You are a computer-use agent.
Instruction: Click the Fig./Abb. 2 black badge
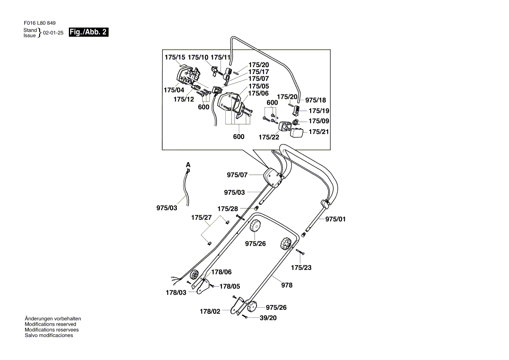click(x=89, y=32)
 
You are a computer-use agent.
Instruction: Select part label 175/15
click(x=175, y=57)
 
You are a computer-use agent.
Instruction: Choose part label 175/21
click(x=319, y=132)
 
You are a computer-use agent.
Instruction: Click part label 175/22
click(x=269, y=137)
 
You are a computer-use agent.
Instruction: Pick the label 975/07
click(x=237, y=175)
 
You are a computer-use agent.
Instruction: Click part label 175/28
click(x=228, y=209)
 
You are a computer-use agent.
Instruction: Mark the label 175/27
click(x=201, y=217)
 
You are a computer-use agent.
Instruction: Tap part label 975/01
click(x=335, y=219)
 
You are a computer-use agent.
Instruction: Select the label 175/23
click(x=302, y=267)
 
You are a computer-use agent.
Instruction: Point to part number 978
click(x=287, y=285)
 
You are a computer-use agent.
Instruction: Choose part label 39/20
click(x=268, y=318)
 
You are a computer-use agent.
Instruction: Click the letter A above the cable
click(x=188, y=165)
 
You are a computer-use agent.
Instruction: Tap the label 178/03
click(x=176, y=292)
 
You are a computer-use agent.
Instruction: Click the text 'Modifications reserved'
click(x=51, y=324)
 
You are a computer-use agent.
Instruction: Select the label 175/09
click(x=319, y=121)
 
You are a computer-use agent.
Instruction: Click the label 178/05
click(x=230, y=286)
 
